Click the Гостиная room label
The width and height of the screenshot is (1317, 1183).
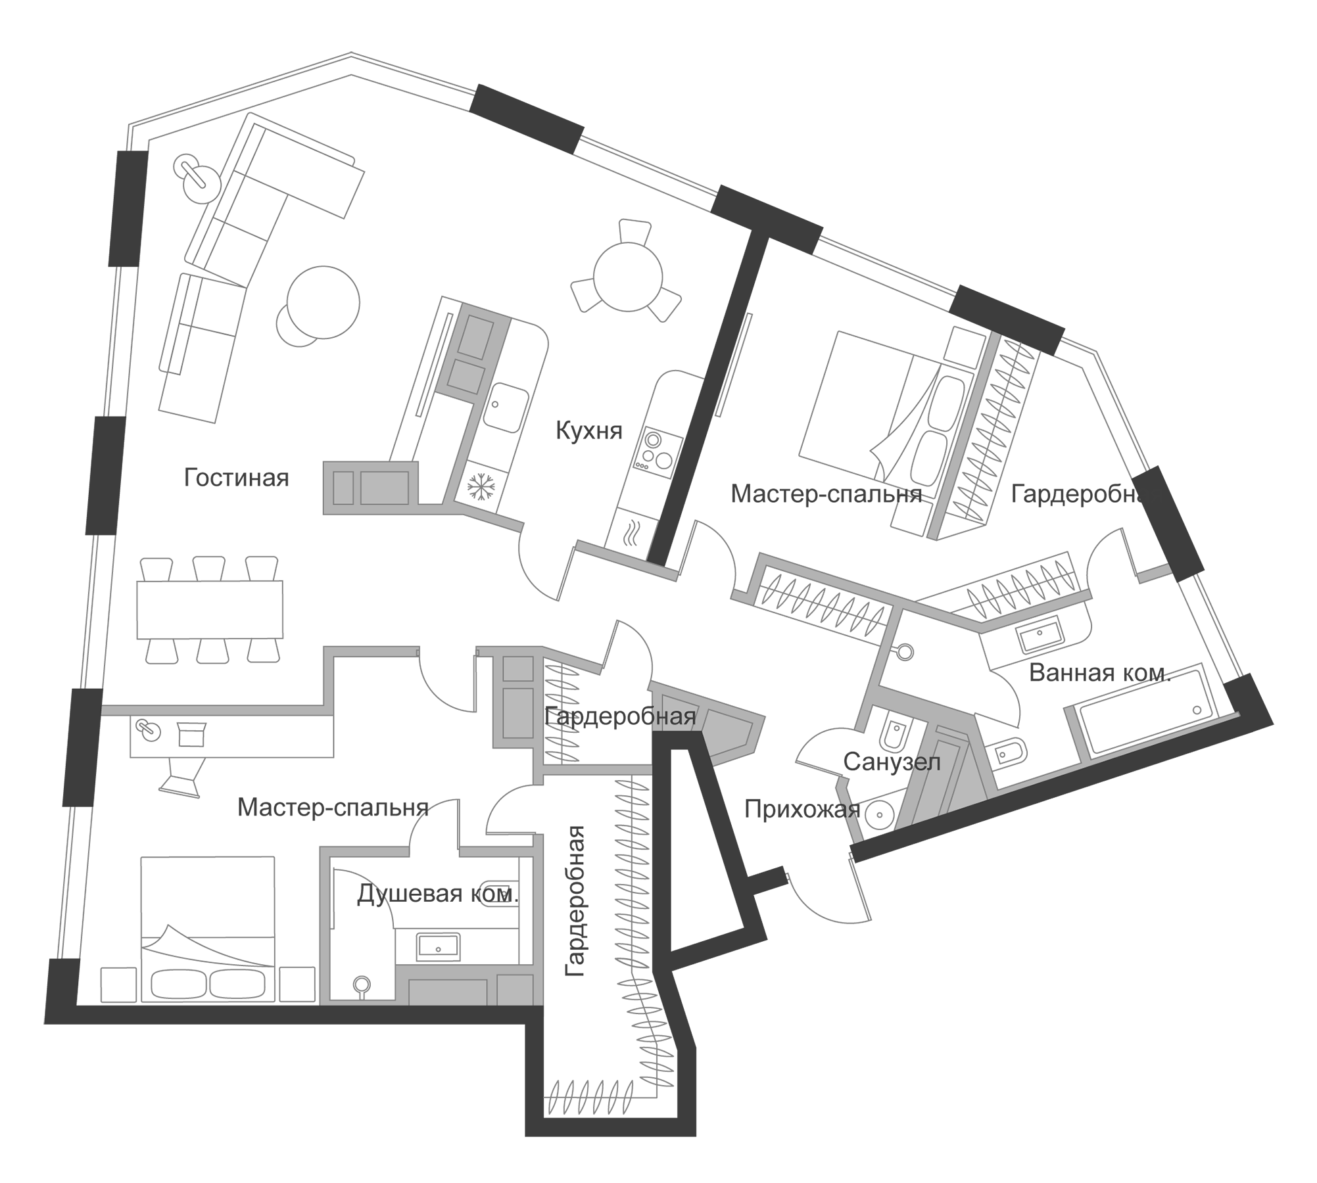(x=236, y=478)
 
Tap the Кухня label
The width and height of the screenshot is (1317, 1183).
(x=588, y=431)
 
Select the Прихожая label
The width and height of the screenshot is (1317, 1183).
(x=802, y=810)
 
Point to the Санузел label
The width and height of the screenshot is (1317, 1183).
(x=892, y=762)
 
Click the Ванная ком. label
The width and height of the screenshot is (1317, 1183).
(x=1100, y=673)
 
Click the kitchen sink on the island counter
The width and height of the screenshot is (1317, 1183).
(x=506, y=407)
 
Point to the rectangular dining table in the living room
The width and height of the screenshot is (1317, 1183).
(x=210, y=609)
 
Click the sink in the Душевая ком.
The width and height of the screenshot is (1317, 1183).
(x=439, y=946)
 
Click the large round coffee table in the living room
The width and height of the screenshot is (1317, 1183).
(x=323, y=302)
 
